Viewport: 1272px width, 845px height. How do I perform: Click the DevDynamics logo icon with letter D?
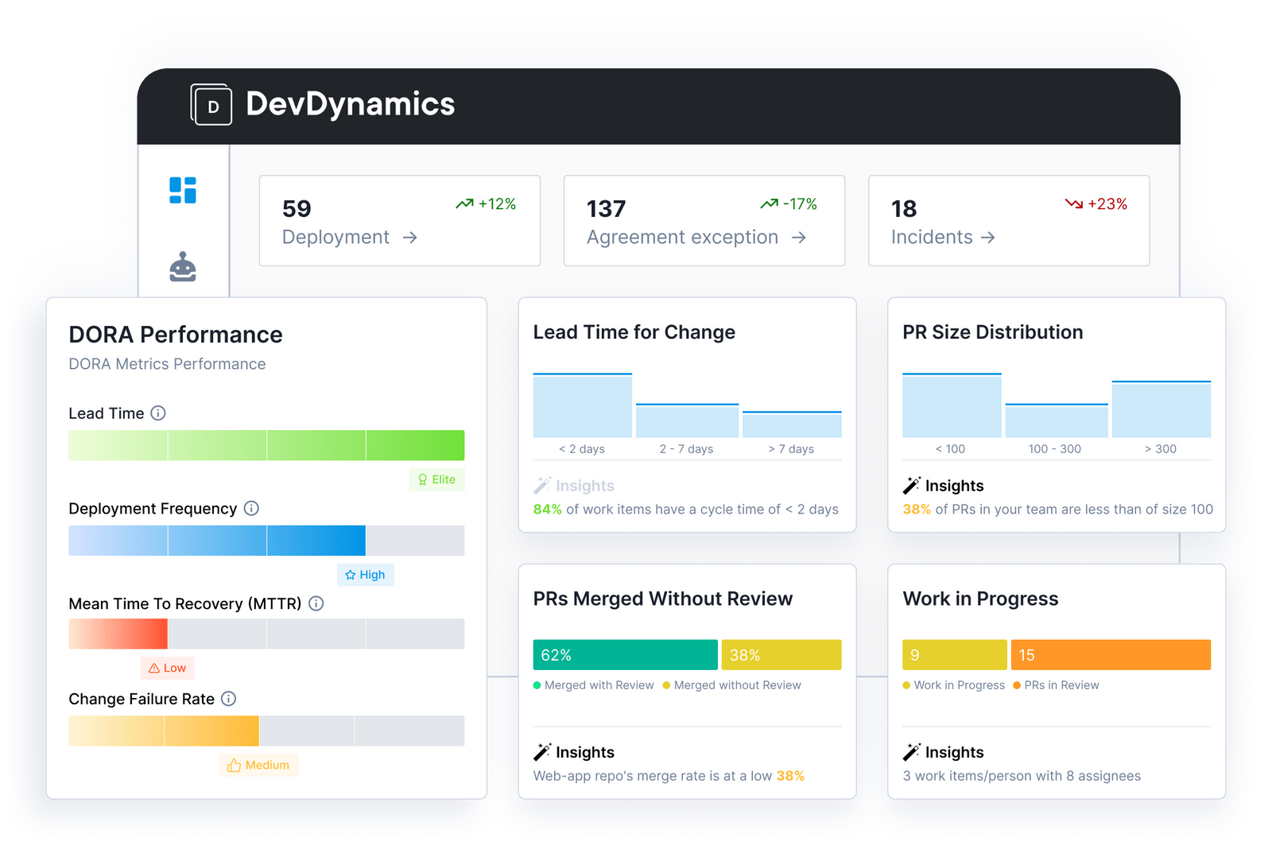211,105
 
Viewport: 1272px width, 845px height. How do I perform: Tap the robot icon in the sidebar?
183,268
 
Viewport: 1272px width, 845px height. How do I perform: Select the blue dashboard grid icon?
183,190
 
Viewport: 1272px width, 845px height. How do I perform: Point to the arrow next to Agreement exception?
799,238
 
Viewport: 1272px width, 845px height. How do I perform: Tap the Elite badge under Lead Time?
437,479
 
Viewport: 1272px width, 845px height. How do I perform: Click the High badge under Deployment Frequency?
366,575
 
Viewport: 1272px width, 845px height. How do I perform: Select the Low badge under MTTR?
168,668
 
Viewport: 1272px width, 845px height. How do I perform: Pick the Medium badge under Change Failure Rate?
258,765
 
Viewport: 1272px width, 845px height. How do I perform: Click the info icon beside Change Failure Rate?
229,699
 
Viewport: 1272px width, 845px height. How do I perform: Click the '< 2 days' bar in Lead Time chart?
582,405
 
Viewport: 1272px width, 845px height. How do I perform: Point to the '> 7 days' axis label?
791,449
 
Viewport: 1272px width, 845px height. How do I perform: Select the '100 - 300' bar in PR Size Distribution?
1056,421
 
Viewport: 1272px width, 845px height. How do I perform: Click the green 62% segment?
625,655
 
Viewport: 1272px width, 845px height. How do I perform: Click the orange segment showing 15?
1111,655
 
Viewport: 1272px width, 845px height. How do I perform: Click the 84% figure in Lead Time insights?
547,510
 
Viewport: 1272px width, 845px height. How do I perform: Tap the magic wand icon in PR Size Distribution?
911,485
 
